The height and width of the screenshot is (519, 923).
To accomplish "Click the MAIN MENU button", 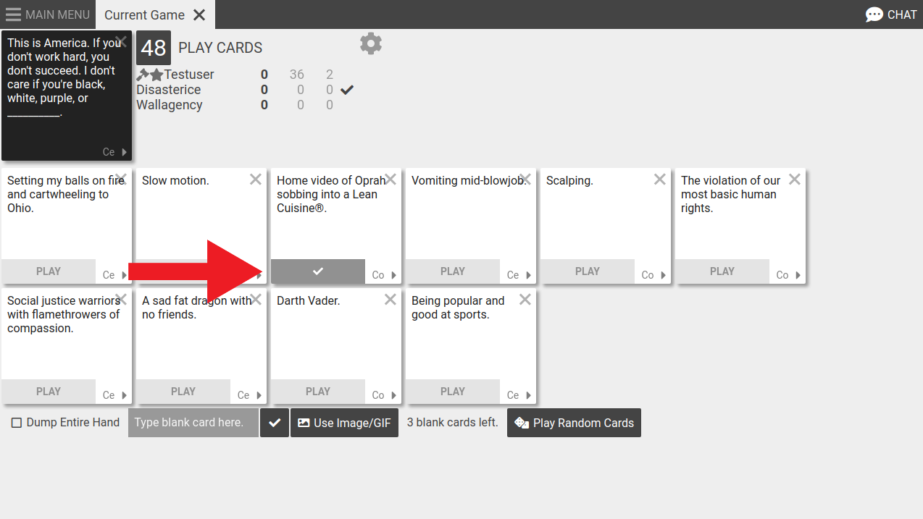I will coord(48,14).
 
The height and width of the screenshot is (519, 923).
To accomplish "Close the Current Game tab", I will coord(199,14).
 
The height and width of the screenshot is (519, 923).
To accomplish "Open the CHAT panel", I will coord(891,14).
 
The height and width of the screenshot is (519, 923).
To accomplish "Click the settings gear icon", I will coord(371,44).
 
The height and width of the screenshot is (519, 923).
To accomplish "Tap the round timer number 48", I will coord(154,48).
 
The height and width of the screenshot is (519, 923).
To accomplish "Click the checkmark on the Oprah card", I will coord(318,271).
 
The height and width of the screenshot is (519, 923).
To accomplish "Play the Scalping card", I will coord(588,271).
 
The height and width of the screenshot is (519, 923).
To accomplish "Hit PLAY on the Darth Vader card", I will coord(318,392).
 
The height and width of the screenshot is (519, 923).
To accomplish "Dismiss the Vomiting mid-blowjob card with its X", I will coord(525,180).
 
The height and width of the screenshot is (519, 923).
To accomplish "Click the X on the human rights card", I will coord(795,180).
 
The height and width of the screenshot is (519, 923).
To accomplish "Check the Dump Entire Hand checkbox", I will coord(17,423).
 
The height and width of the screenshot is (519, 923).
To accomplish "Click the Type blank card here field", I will coord(193,423).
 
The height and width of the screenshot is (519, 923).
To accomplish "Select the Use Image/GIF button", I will coord(344,423).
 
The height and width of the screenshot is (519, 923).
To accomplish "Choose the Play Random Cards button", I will coord(574,423).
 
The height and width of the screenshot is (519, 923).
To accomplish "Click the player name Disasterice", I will coord(169,90).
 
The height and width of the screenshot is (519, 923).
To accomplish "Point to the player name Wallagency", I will coord(170,105).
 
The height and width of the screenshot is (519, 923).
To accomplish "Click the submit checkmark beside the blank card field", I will coord(275,423).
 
